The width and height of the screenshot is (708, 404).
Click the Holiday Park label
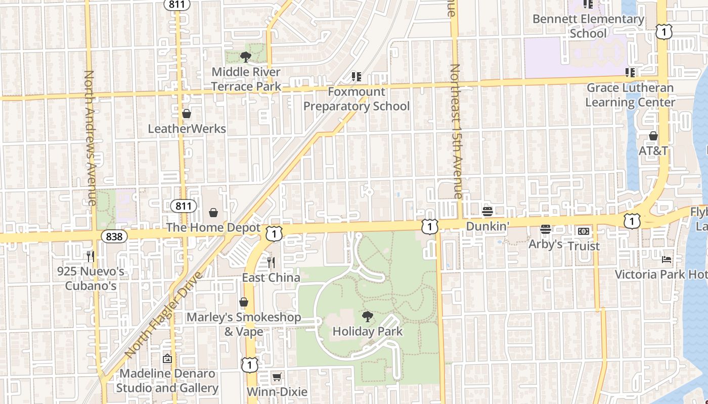368,332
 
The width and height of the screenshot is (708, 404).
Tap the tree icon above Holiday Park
368,317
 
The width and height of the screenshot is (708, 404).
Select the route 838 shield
114,236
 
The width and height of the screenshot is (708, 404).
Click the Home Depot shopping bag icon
213,213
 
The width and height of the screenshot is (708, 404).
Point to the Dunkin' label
486,226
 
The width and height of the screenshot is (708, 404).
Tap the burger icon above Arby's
545,229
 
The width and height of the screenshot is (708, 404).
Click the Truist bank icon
583,231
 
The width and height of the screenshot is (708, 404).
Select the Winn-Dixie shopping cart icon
277,377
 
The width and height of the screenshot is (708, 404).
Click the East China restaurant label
271,278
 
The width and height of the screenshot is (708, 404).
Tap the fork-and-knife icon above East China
271,263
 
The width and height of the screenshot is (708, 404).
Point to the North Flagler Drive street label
163,315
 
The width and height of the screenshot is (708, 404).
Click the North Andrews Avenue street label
90,137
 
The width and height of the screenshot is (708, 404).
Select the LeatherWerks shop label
187,129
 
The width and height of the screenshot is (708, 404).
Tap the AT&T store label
653,151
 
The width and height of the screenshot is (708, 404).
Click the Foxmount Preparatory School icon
357,77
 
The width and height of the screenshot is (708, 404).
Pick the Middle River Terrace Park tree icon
246,57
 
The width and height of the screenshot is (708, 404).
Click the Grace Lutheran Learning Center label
630,95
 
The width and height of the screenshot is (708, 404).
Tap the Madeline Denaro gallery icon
167,359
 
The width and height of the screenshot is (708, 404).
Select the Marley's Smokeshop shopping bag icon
244,302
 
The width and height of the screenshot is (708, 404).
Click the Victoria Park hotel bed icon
667,260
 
